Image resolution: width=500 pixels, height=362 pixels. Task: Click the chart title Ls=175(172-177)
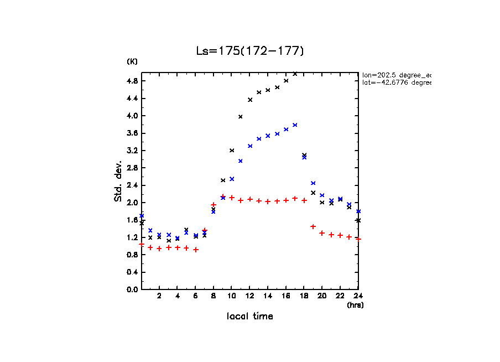pos(250,51)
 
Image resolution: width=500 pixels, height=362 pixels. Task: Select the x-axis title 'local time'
pos(249,317)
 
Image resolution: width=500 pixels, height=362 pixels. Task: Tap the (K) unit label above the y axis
pos(133,61)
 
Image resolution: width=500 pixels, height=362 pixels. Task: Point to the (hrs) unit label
pos(355,305)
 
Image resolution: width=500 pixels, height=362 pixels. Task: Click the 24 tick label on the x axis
pos(358,296)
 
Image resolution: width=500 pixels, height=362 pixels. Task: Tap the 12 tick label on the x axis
pos(249,296)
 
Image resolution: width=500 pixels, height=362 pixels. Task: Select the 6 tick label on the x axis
pos(195,296)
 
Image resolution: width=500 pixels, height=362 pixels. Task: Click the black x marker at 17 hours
pos(295,74)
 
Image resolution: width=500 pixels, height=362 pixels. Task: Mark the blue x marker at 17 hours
pos(295,125)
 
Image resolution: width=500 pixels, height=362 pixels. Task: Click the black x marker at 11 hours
pos(241,116)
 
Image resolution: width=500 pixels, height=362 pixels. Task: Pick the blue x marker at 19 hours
pos(313,183)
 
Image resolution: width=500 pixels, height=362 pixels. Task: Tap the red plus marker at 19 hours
pos(313,226)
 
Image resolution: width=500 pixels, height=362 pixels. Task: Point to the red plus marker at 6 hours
pos(196,250)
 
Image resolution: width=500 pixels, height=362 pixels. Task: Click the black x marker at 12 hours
pos(250,100)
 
